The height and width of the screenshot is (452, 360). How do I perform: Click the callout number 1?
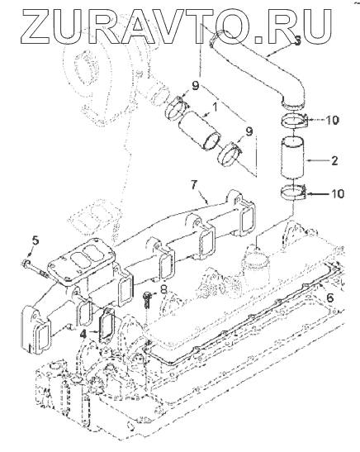point(215,107)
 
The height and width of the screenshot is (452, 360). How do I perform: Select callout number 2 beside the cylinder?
point(334,160)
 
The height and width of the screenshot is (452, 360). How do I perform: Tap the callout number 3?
point(297,40)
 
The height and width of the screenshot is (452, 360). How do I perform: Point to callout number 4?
point(83,334)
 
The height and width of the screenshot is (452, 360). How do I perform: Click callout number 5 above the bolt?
point(35,240)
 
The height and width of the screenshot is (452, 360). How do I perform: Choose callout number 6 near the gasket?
point(329,297)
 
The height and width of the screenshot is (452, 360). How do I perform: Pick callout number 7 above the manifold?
point(194,185)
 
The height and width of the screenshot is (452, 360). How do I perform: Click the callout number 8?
point(163,289)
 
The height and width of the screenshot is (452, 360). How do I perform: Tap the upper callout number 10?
point(333,120)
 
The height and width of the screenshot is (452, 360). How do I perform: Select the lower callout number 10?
point(338,193)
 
